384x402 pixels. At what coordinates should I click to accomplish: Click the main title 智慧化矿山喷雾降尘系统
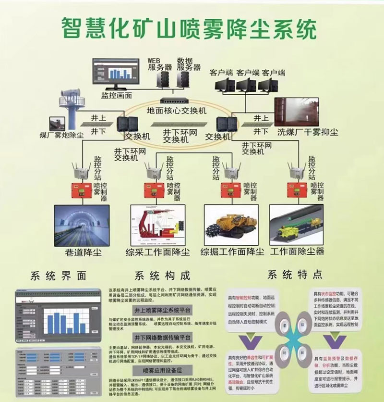click(189, 28)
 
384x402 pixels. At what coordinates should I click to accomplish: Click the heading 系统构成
click(162, 276)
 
